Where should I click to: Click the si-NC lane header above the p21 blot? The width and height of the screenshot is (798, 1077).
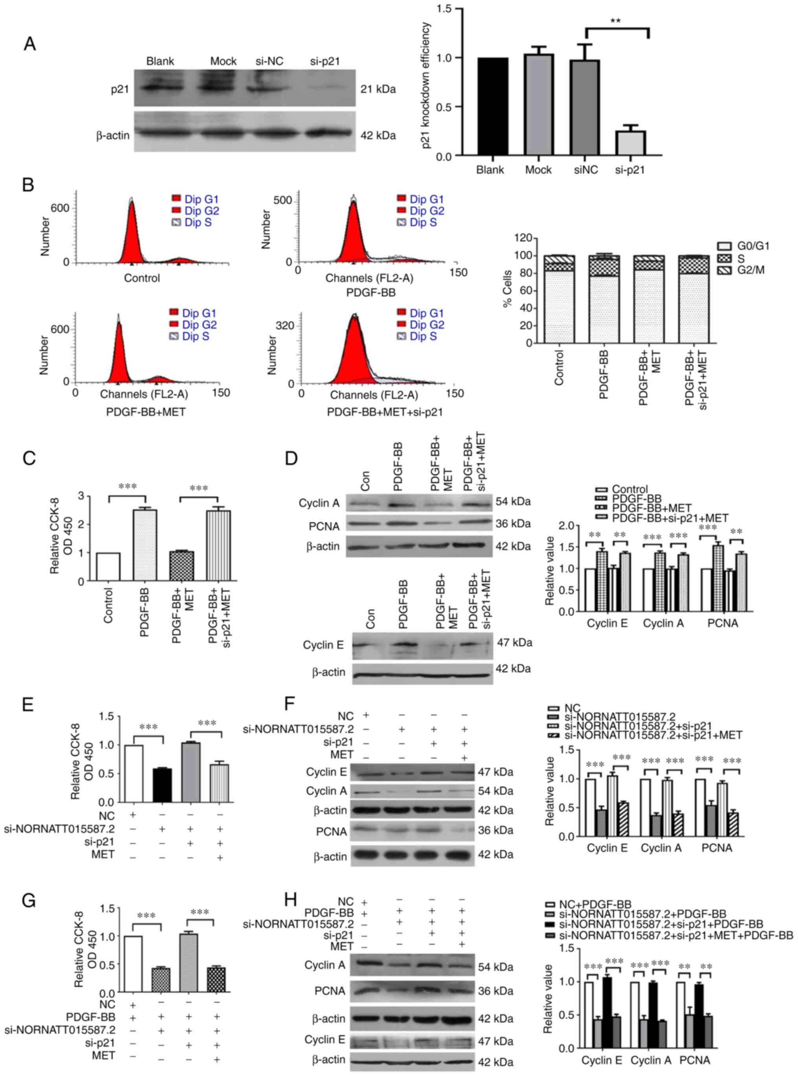tap(269, 61)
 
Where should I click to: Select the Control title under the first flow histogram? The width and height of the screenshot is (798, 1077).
tap(141, 278)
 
